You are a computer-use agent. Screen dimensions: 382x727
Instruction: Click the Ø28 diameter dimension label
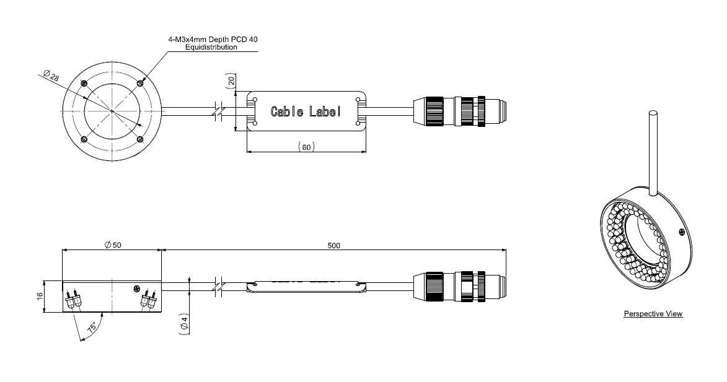pos(51,76)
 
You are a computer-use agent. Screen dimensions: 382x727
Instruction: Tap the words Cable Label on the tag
pos(306,111)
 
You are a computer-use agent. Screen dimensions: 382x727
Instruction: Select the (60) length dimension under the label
pos(305,147)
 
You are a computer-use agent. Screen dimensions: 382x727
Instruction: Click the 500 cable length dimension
pos(333,245)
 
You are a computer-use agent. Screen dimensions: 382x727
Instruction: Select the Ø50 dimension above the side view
pos(112,245)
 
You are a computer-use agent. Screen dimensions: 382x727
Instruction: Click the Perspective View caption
pos(653,314)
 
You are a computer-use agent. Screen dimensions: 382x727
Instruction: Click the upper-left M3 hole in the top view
pos(83,83)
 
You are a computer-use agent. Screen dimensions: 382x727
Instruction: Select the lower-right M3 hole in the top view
pos(140,139)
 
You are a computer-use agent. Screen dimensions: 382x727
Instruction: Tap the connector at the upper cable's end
pos(461,111)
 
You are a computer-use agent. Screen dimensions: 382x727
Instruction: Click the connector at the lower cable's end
pos(461,286)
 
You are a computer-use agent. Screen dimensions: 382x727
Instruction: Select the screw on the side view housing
pos(137,289)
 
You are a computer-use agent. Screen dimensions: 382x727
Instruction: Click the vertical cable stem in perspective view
pos(653,149)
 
